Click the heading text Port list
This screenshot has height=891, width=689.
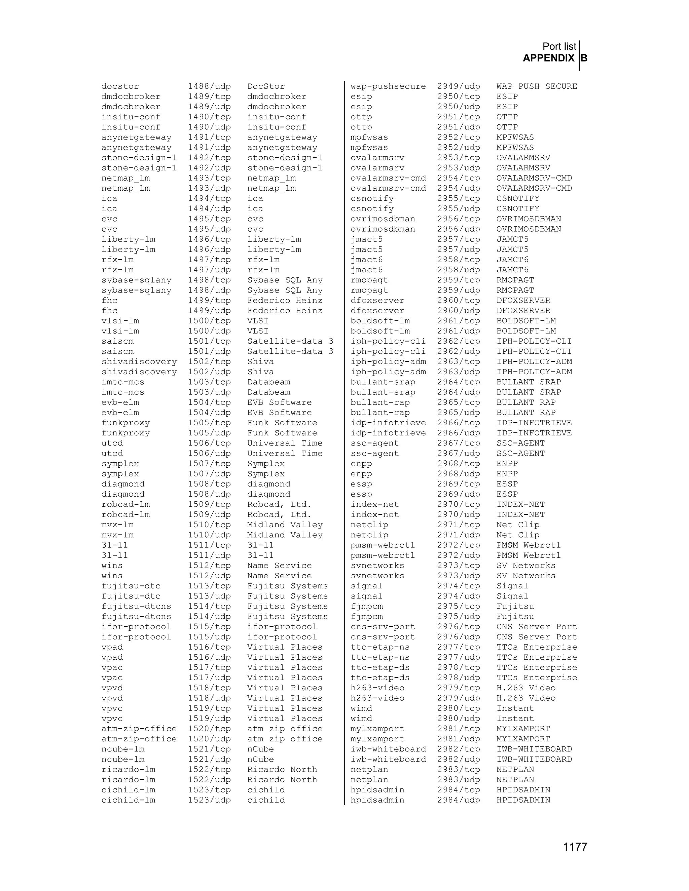coord(559,46)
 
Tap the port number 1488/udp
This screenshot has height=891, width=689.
coord(209,86)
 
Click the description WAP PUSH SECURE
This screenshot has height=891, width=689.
coord(536,86)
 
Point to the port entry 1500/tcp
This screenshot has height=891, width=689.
coord(209,321)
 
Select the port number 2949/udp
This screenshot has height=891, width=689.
coord(459,86)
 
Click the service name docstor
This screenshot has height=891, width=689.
coord(120,86)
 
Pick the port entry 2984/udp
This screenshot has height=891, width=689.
coord(459,800)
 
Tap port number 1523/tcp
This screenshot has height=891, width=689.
coord(209,790)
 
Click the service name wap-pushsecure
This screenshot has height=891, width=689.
coord(388,86)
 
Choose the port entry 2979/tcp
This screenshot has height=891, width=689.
coord(459,688)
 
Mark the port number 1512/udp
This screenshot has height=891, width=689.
coord(209,576)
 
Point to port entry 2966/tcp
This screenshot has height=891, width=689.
coord(459,423)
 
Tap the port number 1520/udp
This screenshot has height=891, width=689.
coord(209,739)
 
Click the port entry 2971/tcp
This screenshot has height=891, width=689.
coord(459,525)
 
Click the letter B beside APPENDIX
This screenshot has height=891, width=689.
coord(584,59)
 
